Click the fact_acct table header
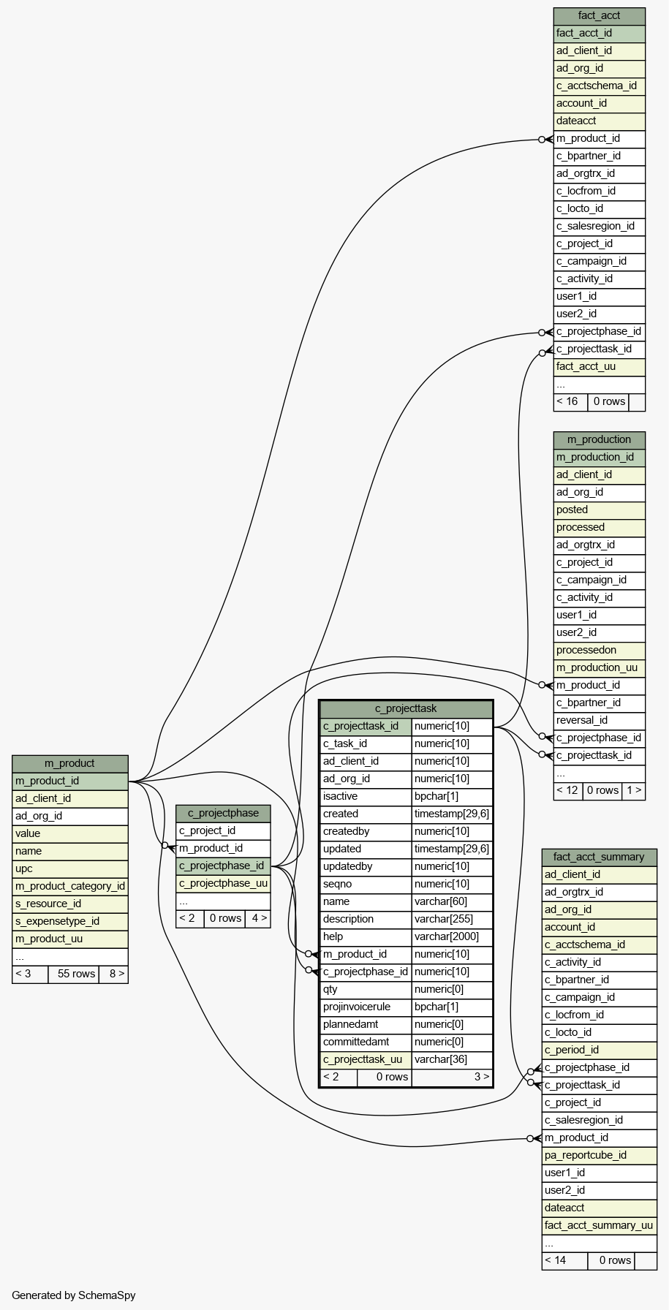(599, 15)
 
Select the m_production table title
(599, 439)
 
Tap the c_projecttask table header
(406, 708)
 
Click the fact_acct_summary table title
(599, 857)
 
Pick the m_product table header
(69, 763)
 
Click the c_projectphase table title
(223, 813)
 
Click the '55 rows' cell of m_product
(73, 974)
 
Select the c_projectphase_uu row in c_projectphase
(223, 883)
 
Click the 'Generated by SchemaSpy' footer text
(74, 1295)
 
